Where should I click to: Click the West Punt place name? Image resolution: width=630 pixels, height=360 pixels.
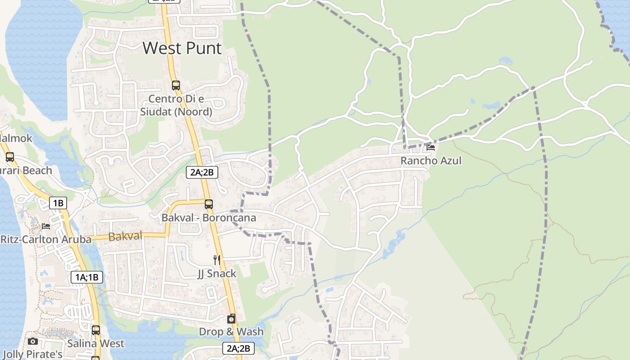tap(182, 48)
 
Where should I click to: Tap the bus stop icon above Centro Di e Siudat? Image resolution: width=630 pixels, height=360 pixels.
tap(176, 85)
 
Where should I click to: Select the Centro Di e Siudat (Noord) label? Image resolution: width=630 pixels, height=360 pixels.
tap(176, 105)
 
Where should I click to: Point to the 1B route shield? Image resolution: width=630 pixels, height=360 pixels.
tap(58, 203)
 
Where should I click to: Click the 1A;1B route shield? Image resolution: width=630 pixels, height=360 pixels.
tap(86, 277)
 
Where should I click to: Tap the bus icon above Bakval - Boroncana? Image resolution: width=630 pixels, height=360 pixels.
tap(208, 204)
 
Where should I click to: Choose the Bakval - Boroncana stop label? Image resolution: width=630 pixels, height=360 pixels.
tap(208, 218)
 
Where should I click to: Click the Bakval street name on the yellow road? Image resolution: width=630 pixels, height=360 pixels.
tap(125, 236)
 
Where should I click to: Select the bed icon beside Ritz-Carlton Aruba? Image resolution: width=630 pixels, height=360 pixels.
tap(46, 226)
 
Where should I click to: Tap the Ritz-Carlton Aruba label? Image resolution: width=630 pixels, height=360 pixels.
tap(45, 239)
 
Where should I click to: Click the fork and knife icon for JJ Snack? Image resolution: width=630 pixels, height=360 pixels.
tap(216, 260)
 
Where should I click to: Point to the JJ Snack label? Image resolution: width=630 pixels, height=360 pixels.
tap(216, 274)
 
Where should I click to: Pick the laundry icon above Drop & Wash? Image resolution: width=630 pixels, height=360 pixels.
tap(231, 319)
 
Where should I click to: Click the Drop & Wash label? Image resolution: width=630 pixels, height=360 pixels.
tap(231, 332)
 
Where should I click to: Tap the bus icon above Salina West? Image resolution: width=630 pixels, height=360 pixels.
tap(95, 330)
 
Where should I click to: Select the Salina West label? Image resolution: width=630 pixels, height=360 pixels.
tap(95, 343)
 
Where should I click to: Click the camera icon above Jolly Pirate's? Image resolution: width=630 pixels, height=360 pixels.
tap(33, 341)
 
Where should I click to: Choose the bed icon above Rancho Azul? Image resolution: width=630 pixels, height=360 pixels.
tap(431, 147)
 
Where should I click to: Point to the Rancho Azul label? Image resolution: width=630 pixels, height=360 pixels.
tap(431, 161)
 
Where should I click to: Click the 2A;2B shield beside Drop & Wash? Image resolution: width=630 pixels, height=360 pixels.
tap(238, 348)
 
